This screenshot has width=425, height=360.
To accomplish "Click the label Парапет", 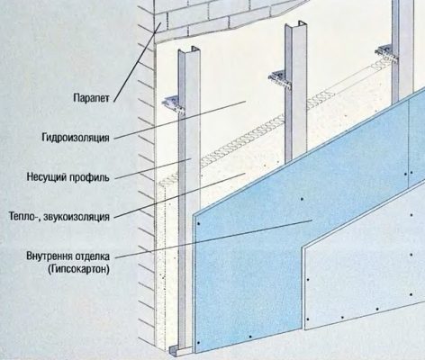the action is (91, 98).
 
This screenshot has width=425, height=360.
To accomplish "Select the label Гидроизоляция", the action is (76, 138).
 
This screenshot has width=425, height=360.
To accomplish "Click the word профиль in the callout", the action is (89, 177).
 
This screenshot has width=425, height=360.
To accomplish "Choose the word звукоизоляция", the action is (77, 217).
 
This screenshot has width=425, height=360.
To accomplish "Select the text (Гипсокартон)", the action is (78, 269).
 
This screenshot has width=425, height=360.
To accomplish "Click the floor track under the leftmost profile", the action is (180, 349).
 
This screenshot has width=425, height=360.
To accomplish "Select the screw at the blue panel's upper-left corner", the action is (198, 224).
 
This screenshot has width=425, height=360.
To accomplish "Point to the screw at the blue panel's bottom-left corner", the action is (198, 343).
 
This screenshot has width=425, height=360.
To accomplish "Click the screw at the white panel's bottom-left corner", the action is (308, 319).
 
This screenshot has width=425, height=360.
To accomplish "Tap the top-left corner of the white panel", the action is (303, 247).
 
